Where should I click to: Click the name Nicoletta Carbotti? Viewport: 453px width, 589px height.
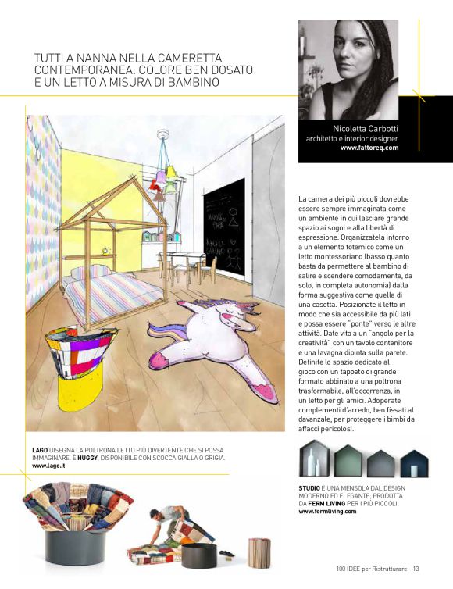point(366,128)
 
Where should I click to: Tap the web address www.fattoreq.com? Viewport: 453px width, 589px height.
point(369,147)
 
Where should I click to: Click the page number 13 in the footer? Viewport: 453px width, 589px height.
point(416,568)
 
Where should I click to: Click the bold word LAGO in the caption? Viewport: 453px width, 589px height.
point(40,451)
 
